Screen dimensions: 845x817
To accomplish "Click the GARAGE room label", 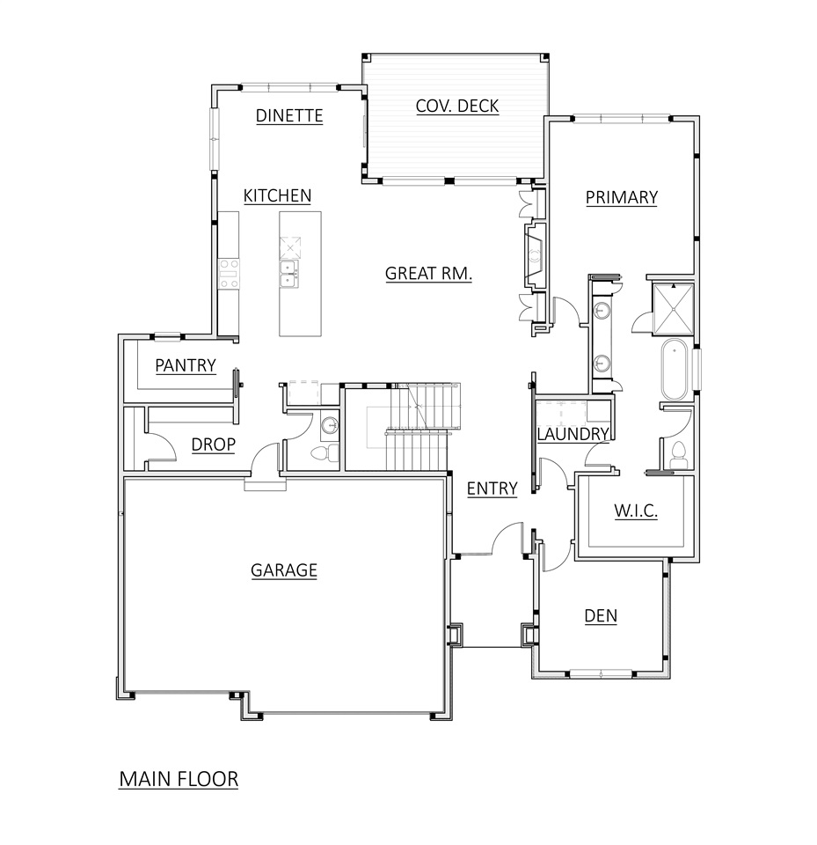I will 283,570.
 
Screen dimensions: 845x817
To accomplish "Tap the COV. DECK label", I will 456,107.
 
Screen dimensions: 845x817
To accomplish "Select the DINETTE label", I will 289,115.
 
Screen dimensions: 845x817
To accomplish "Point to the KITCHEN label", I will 277,195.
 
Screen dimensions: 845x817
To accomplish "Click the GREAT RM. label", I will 429,274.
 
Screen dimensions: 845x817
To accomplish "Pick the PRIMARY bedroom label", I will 621,197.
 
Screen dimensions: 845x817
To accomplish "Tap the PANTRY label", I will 186,365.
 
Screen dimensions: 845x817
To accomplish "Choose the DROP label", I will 213,445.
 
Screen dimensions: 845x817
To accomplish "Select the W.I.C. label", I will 634,511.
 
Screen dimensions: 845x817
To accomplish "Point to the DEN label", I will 601,616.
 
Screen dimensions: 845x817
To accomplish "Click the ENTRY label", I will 492,489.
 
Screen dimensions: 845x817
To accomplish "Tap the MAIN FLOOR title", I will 179,779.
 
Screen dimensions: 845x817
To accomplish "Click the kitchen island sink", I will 289,274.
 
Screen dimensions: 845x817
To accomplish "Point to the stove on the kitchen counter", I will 229,273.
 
